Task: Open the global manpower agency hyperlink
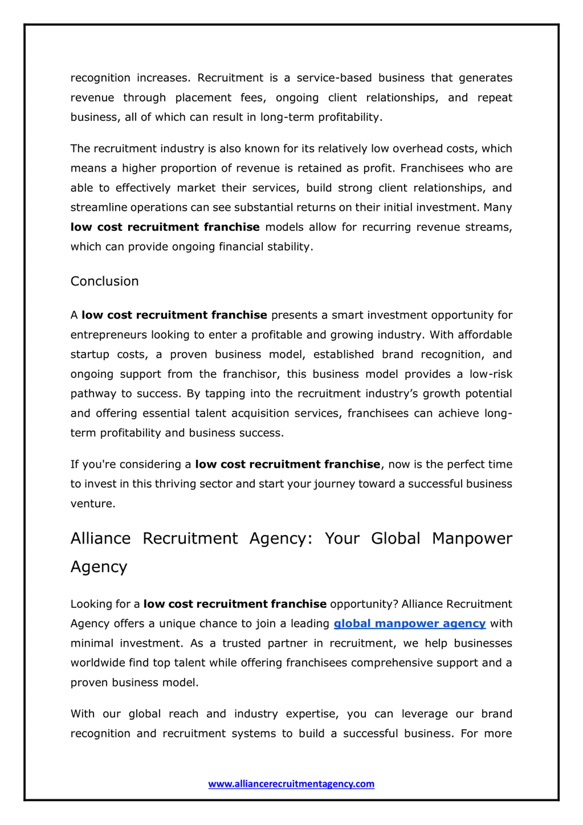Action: pyautogui.click(x=409, y=624)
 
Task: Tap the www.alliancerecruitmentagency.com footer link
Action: pyautogui.click(x=291, y=783)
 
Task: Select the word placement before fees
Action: pyautogui.click(x=203, y=98)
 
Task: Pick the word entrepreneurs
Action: pyautogui.click(x=109, y=335)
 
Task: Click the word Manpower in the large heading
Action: pyautogui.click(x=472, y=539)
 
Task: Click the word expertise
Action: pyautogui.click(x=312, y=714)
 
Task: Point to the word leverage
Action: pyautogui.click(x=424, y=714)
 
